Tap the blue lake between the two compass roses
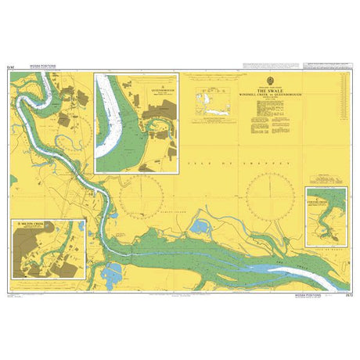pos(201,228)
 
